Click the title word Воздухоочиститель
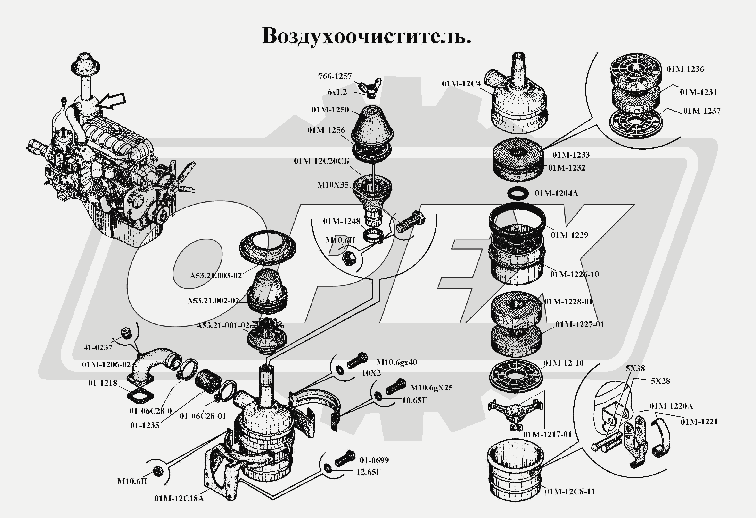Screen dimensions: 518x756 click(366, 36)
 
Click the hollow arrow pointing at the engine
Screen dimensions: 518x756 click(112, 100)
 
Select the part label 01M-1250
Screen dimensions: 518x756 click(330, 110)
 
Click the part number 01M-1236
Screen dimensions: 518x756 click(685, 69)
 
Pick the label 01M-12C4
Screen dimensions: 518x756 click(461, 84)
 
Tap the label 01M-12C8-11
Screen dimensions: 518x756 click(570, 492)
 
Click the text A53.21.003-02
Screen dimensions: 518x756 click(216, 276)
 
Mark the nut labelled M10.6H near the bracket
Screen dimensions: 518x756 click(157, 471)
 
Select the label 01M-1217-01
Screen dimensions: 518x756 click(547, 434)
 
